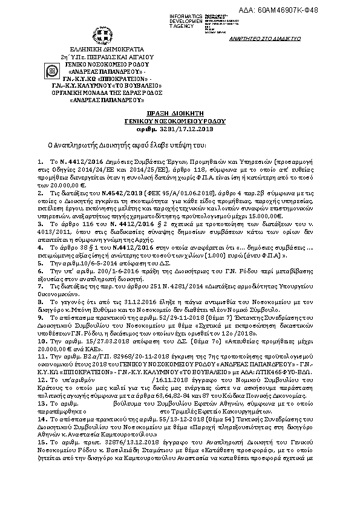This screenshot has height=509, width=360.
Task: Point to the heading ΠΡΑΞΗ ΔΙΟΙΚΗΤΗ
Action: (x=180, y=113)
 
